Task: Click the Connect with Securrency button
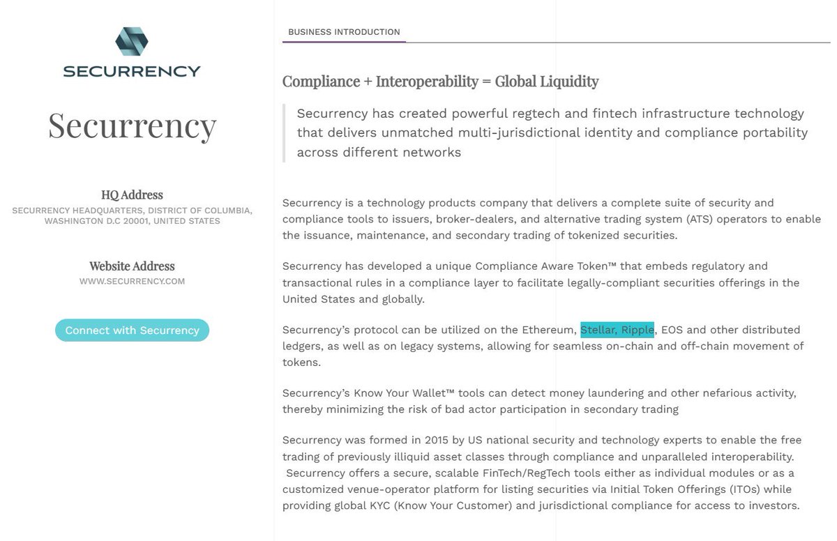pos(132,330)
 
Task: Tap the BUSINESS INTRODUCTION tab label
pos(344,32)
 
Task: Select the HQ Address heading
pos(132,195)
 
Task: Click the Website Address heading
pos(132,266)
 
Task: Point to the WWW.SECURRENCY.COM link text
pos(132,282)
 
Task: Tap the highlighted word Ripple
pos(638,330)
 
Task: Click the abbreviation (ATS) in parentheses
pos(703,219)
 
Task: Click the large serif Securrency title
pos(132,125)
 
